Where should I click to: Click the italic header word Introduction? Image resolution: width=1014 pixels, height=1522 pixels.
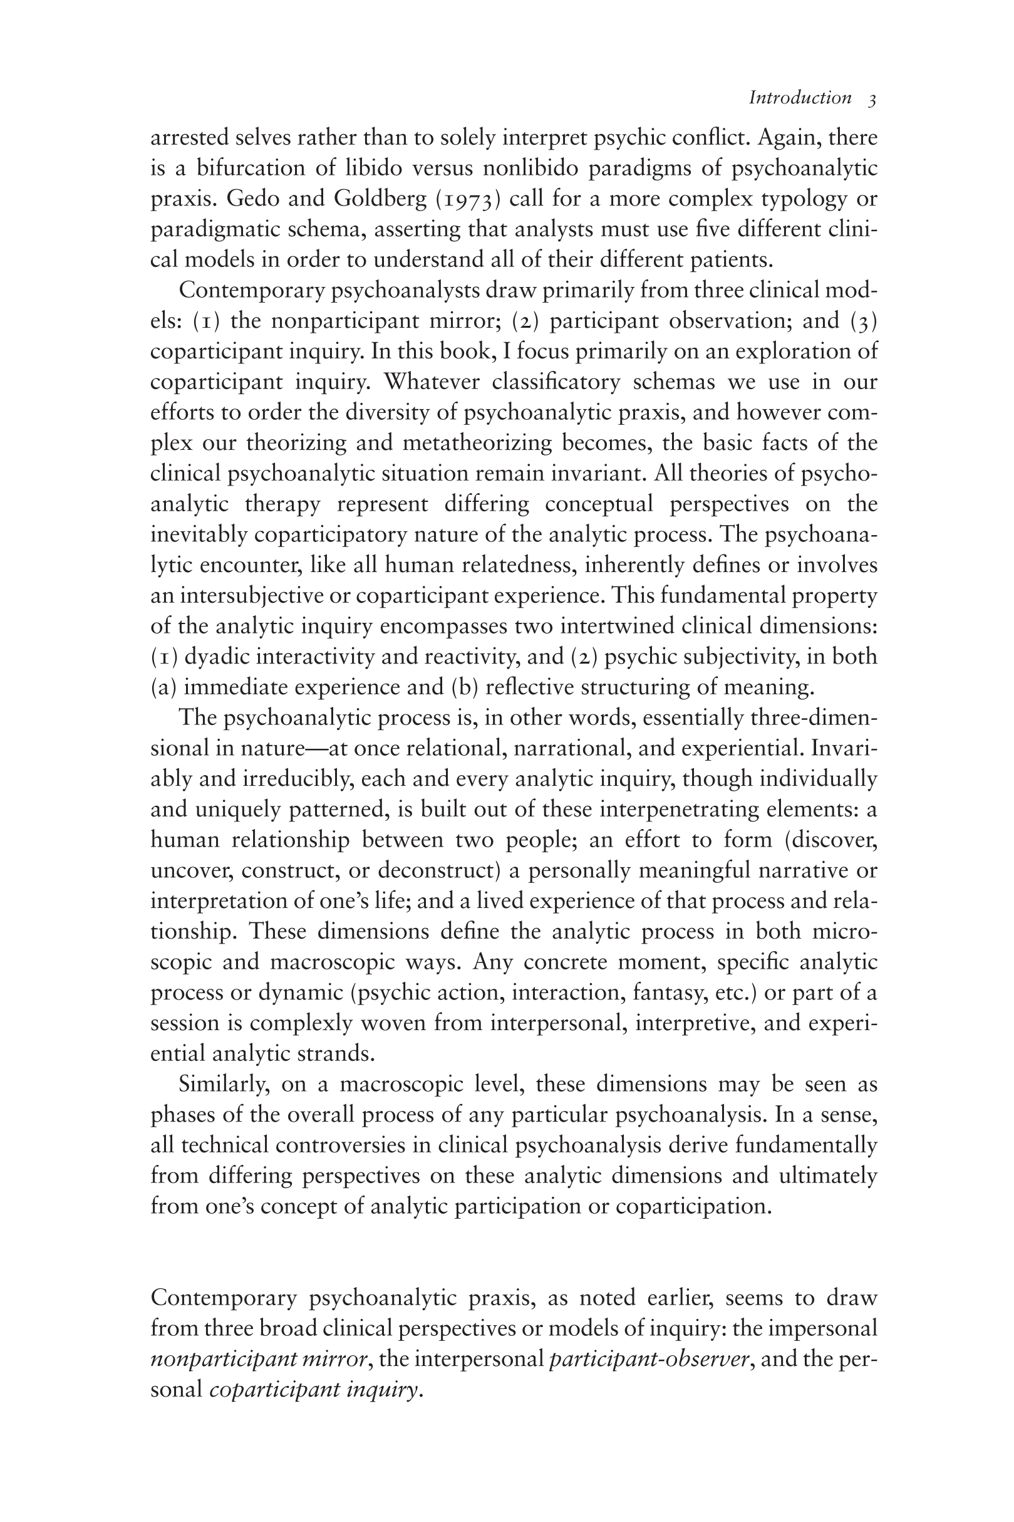pos(800,98)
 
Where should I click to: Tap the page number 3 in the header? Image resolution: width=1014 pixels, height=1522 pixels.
pos(872,99)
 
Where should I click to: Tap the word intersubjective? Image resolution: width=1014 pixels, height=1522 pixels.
pos(252,596)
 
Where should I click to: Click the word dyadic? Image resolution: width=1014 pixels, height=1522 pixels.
pos(217,657)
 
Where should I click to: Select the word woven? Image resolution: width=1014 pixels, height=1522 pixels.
pos(421,1023)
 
